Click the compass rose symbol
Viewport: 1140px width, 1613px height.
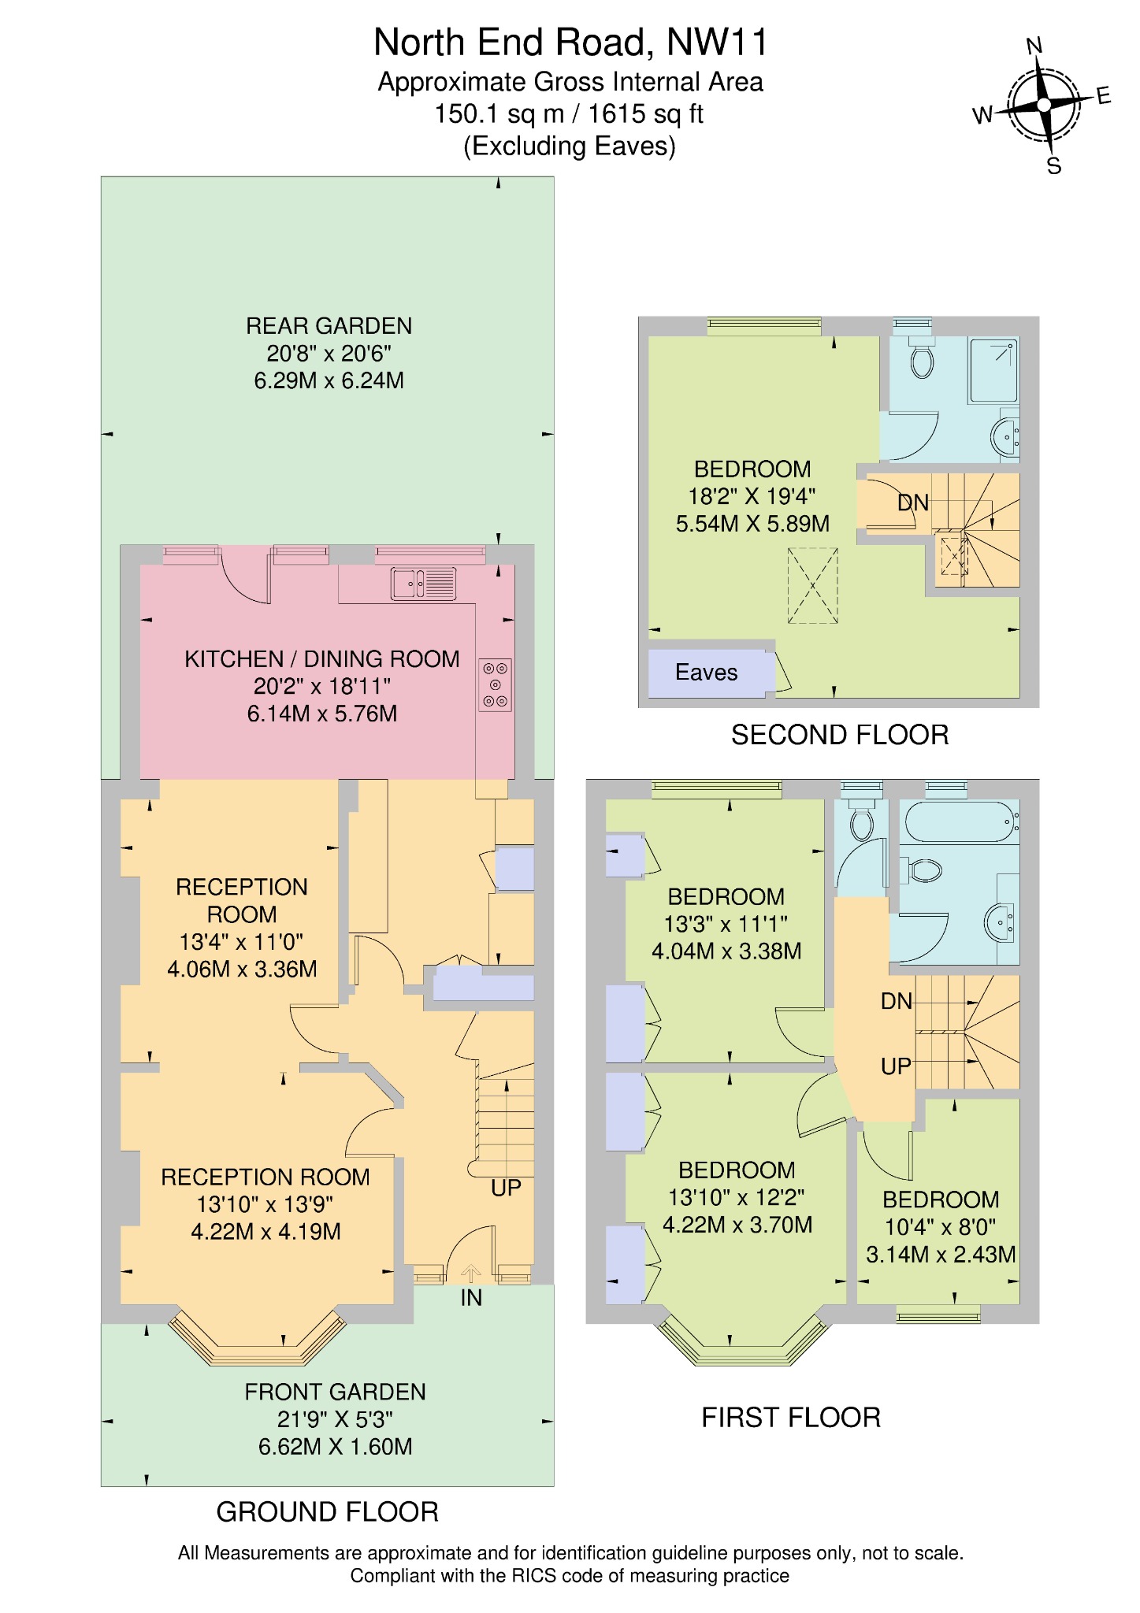1043,105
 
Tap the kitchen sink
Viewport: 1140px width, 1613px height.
423,584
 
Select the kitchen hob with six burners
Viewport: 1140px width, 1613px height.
496,684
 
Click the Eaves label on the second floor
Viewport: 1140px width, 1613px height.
706,673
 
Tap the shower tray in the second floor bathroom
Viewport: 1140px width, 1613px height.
993,369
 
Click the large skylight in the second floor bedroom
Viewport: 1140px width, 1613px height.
812,586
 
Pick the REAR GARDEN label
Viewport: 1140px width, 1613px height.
329,326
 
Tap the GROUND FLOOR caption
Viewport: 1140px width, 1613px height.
327,1511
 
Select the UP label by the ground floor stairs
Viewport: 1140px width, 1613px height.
506,1188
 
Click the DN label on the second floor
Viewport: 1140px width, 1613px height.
913,502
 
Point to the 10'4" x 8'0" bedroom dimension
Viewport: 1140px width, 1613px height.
940,1227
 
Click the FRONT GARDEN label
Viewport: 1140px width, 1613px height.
335,1392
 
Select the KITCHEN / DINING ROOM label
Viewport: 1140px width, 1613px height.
321,659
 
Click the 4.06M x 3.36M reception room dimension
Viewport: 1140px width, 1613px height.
242,969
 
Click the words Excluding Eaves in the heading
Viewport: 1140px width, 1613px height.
570,146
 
